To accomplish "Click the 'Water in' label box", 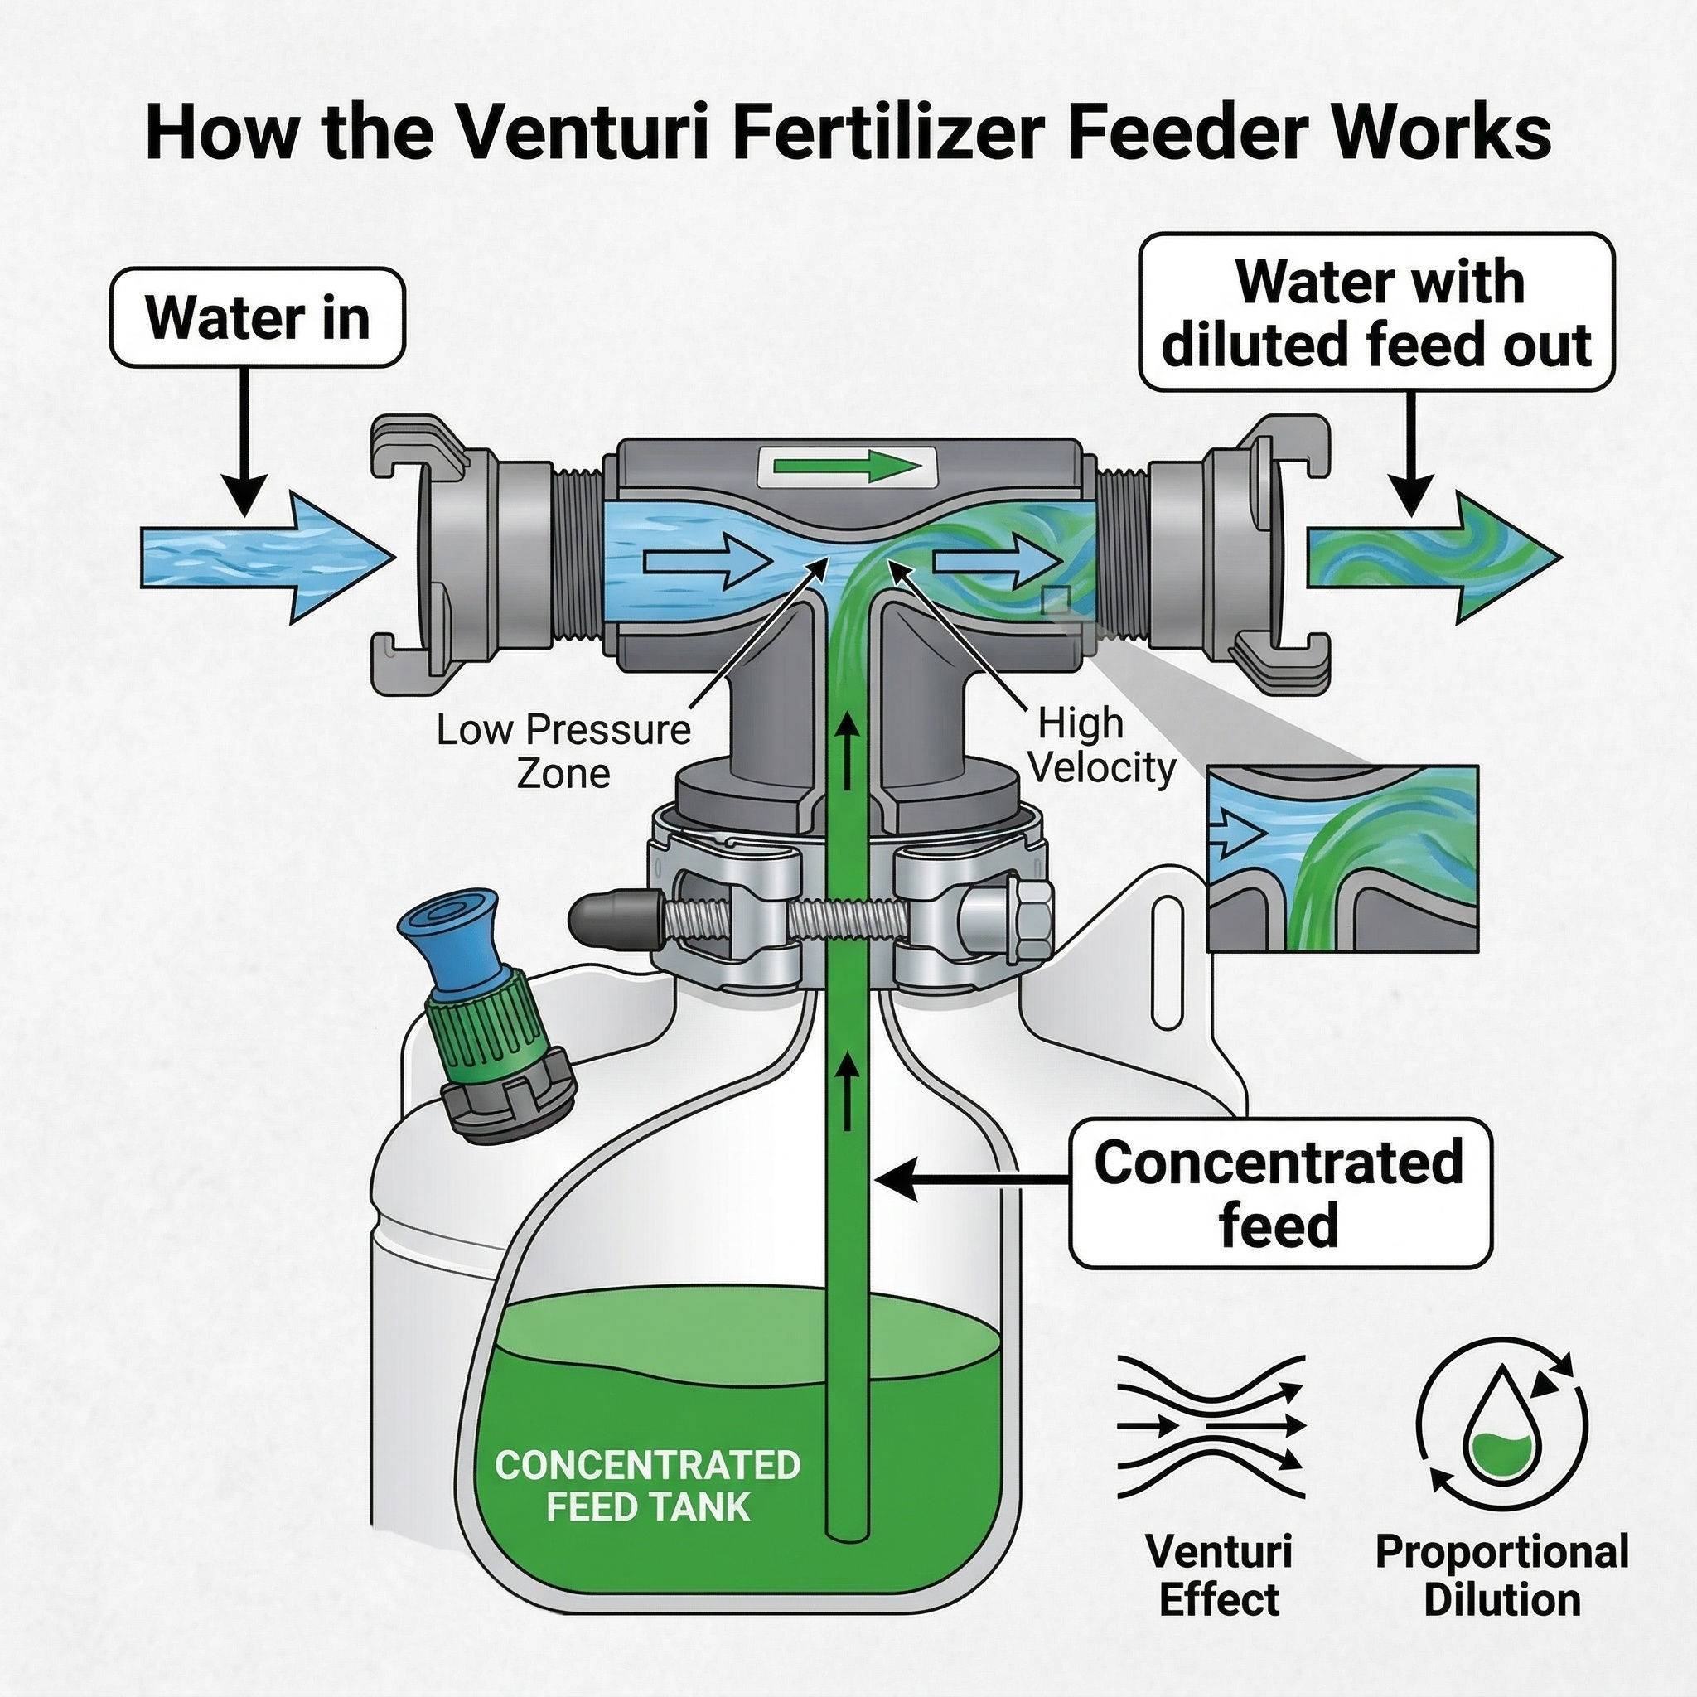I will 257,318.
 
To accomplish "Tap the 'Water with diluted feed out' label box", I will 1375,312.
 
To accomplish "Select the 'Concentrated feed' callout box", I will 1279,1193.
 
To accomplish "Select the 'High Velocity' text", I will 1101,746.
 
